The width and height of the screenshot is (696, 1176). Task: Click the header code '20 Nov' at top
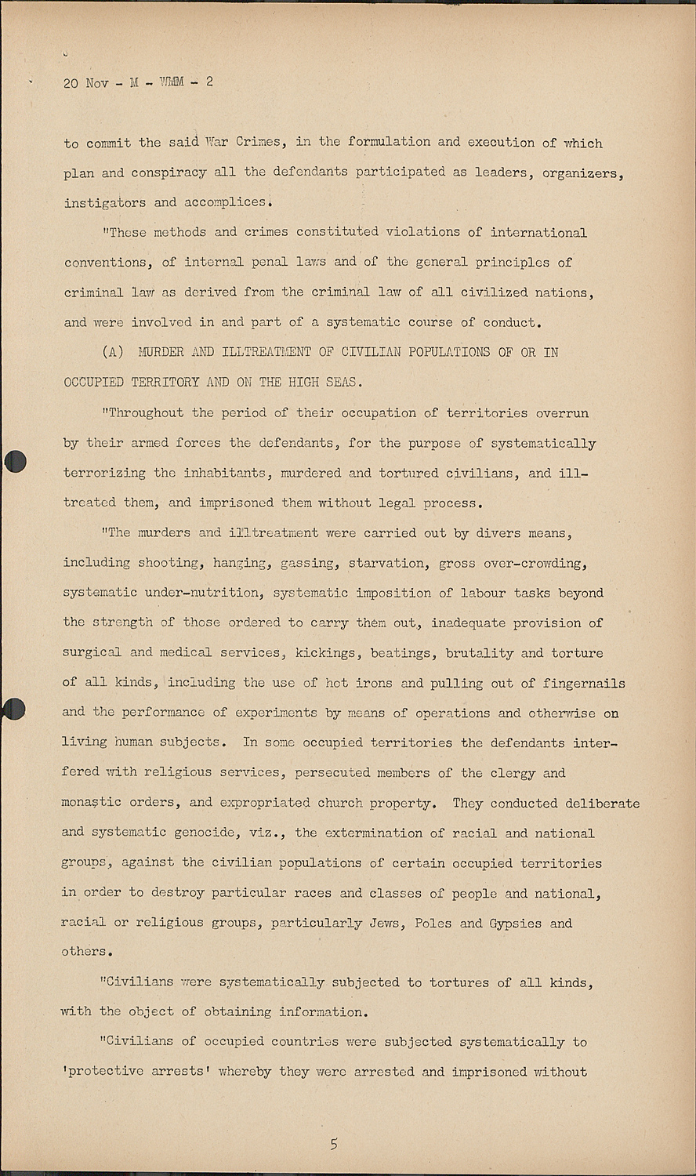click(x=85, y=83)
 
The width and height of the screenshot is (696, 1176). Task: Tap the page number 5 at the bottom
click(x=334, y=1145)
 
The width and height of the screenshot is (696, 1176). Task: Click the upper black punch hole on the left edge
click(x=15, y=462)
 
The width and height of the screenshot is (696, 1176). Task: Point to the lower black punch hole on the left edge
click(x=13, y=710)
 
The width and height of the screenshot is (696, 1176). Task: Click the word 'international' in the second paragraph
click(x=538, y=233)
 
